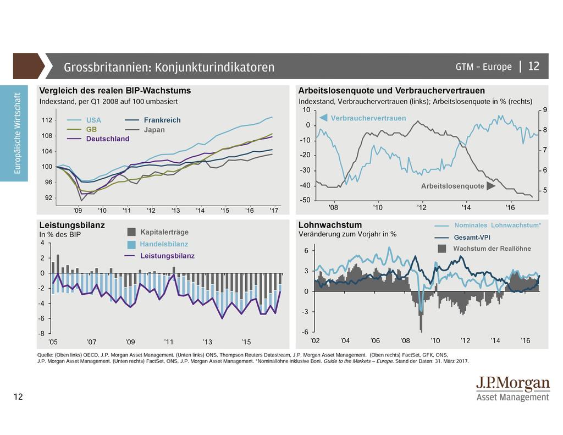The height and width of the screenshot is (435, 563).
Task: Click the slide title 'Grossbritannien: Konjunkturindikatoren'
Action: (x=169, y=68)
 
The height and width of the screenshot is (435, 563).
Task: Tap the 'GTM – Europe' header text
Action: (x=483, y=67)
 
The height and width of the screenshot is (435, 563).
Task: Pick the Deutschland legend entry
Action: (x=107, y=139)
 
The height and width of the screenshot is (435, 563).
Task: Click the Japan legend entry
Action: (x=154, y=130)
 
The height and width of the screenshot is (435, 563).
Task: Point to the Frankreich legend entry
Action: (x=162, y=120)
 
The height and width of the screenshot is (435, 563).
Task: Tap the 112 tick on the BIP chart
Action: (x=47, y=120)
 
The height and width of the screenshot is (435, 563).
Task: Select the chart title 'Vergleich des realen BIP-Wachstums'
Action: (x=115, y=91)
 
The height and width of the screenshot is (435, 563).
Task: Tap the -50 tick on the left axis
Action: (x=304, y=200)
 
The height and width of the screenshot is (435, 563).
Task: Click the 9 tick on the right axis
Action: (x=544, y=111)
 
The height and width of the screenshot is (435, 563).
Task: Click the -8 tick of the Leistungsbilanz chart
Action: (x=42, y=334)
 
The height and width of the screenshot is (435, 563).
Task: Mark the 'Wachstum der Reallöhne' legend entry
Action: (x=492, y=249)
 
